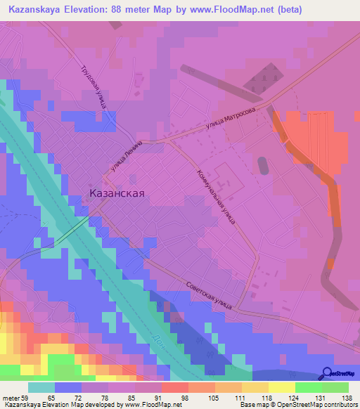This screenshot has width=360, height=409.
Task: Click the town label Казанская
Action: pyautogui.click(x=117, y=195)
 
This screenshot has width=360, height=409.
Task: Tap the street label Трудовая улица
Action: pyautogui.click(x=92, y=88)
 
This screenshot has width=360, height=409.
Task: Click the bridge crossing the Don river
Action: pyautogui.click(x=72, y=231)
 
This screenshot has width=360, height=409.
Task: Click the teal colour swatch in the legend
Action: pyautogui.click(x=41, y=387)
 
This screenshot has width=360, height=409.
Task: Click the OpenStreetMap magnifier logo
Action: pyautogui.click(x=328, y=374)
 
